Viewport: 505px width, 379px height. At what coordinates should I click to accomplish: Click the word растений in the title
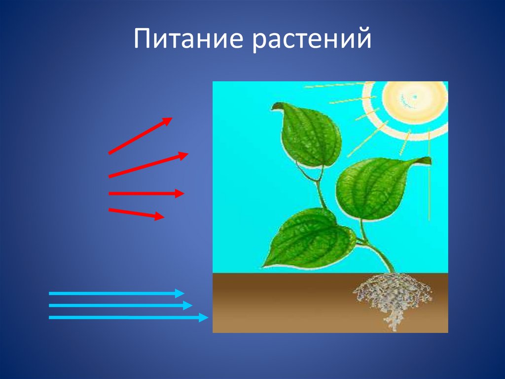(x=312, y=40)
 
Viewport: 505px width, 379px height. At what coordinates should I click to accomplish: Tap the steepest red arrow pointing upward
(x=141, y=135)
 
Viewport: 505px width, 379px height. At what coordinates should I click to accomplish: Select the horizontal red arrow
(x=146, y=193)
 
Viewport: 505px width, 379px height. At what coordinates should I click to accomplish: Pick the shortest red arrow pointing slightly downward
(x=137, y=213)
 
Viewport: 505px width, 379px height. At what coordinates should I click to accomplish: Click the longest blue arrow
(x=129, y=317)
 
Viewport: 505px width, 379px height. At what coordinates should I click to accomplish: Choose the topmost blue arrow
(x=116, y=293)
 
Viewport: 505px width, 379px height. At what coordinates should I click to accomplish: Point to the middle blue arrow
(x=120, y=305)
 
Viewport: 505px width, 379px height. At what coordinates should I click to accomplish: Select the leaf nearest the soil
(x=309, y=238)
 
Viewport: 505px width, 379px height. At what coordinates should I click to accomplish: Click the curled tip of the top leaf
(x=275, y=106)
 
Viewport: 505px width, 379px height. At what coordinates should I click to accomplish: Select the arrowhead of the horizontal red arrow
(x=180, y=193)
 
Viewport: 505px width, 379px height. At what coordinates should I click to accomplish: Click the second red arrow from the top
(x=148, y=165)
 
